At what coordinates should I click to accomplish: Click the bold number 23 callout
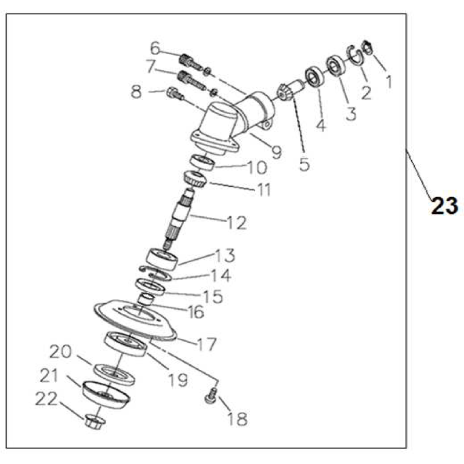[444, 205]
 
